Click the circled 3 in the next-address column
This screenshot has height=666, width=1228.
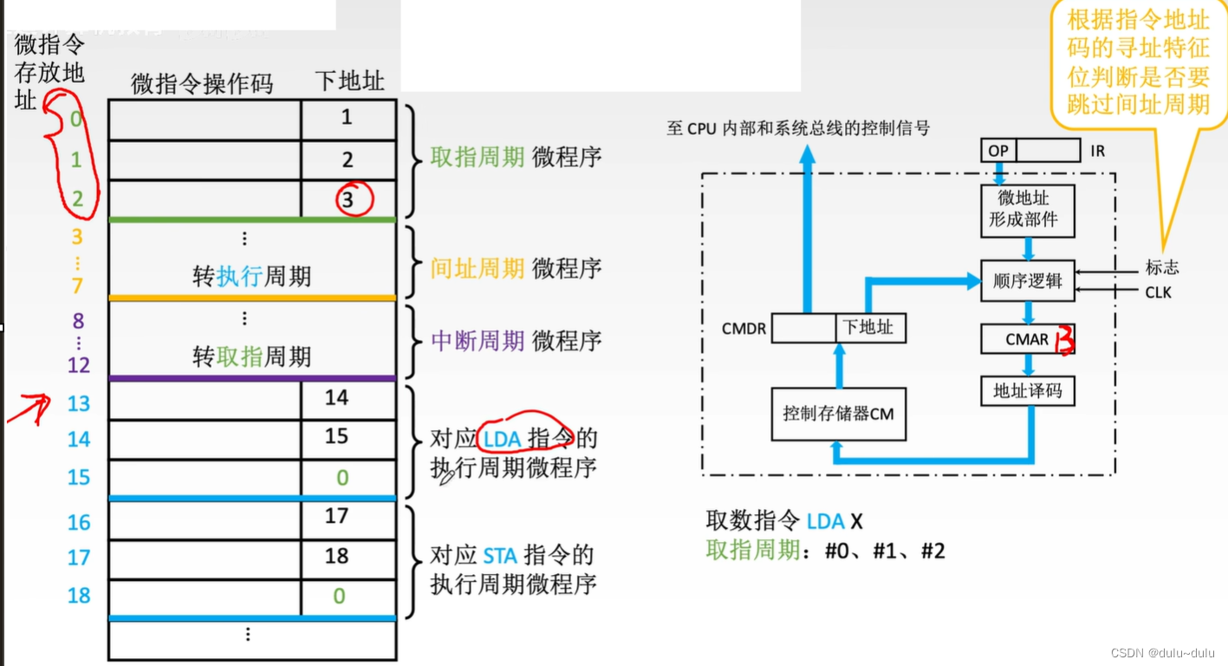(x=348, y=199)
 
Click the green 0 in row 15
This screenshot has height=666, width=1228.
(x=341, y=477)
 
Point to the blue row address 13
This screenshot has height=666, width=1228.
(x=79, y=403)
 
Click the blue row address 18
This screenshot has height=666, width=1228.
(x=79, y=595)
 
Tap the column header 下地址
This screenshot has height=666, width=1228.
(x=349, y=82)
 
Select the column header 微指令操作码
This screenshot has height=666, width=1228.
(x=202, y=83)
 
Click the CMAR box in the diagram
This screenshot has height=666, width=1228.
(x=1028, y=339)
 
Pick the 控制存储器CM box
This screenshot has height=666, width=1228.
(x=838, y=414)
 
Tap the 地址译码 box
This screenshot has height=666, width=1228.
(x=1028, y=391)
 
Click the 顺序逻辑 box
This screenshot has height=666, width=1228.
(x=1028, y=281)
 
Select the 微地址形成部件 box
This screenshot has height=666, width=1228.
(x=1028, y=210)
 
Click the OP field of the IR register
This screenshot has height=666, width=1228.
(x=998, y=151)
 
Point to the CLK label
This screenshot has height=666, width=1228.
(x=1158, y=292)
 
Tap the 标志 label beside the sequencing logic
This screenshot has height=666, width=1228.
(x=1161, y=268)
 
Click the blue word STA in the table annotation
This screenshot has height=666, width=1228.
(x=500, y=556)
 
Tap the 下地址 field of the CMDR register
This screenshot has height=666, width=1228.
(x=870, y=329)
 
